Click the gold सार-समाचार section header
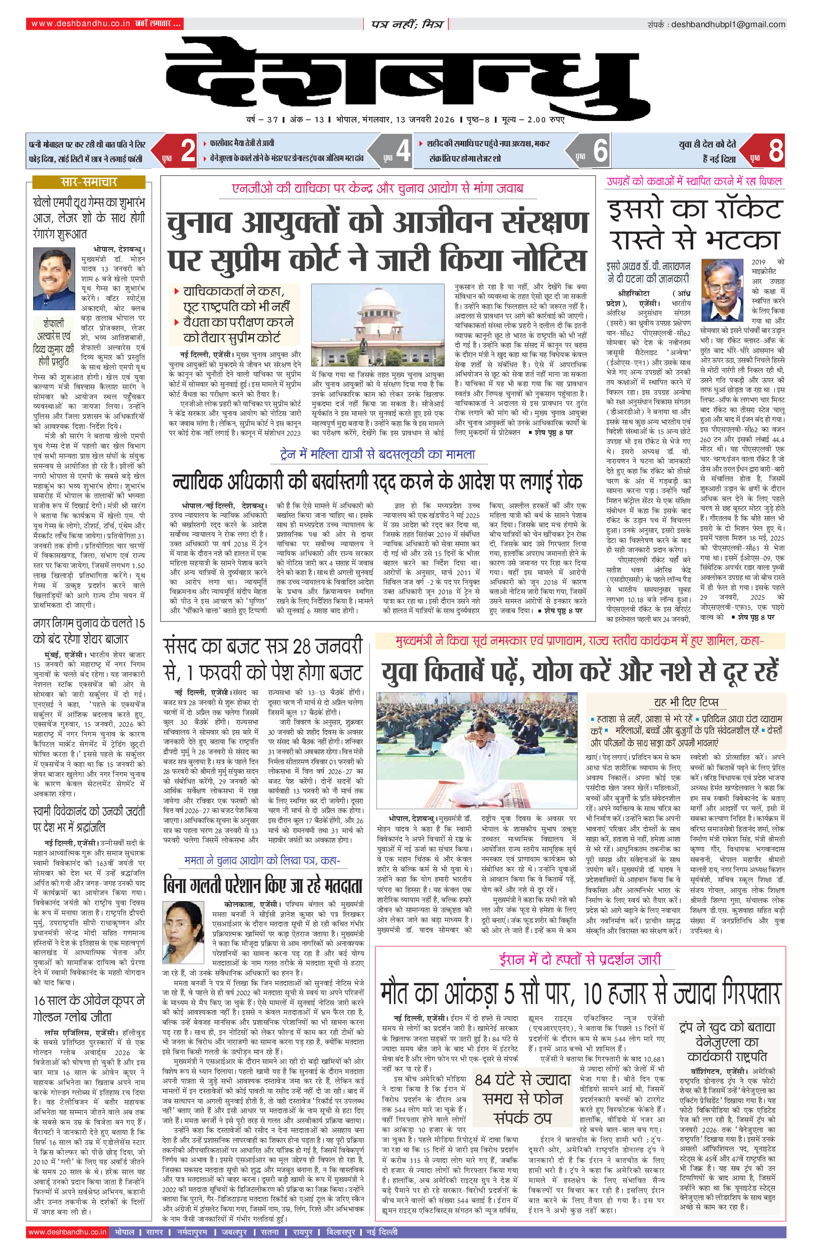(x=89, y=182)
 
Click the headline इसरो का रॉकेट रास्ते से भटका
(x=695, y=225)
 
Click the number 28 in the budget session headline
(x=302, y=647)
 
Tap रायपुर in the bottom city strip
(x=303, y=1232)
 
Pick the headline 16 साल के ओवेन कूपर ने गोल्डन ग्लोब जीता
(x=89, y=1009)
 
